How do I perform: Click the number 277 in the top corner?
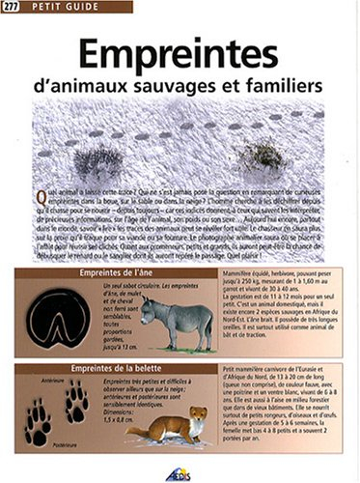[x=13, y=10]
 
